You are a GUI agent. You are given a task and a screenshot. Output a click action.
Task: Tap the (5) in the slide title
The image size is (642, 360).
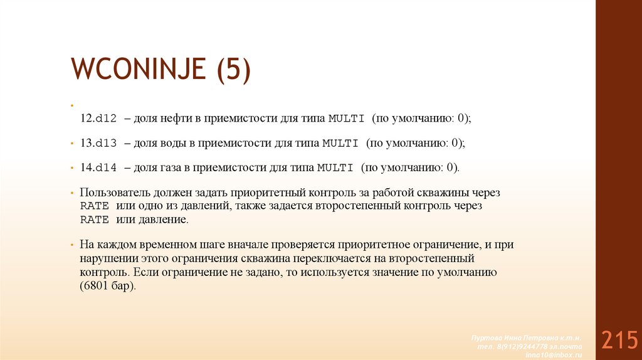pyautogui.click(x=233, y=68)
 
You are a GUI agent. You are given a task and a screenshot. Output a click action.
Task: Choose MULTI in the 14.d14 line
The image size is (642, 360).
pyautogui.click(x=335, y=168)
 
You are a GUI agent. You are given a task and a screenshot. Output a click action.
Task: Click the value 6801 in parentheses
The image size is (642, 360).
pyautogui.click(x=97, y=285)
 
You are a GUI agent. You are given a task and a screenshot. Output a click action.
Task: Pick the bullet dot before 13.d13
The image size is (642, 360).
pyautogui.click(x=72, y=143)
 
